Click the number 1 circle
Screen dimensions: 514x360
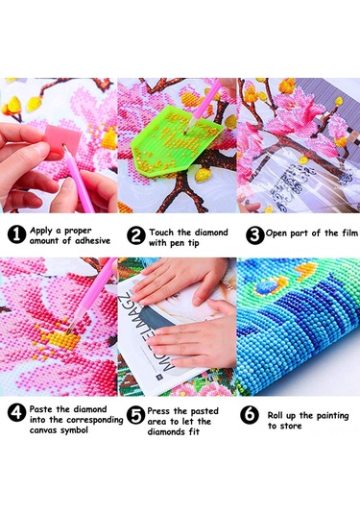point(17,233)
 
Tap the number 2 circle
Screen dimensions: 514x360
point(136,233)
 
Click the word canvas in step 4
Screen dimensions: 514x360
point(46,430)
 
